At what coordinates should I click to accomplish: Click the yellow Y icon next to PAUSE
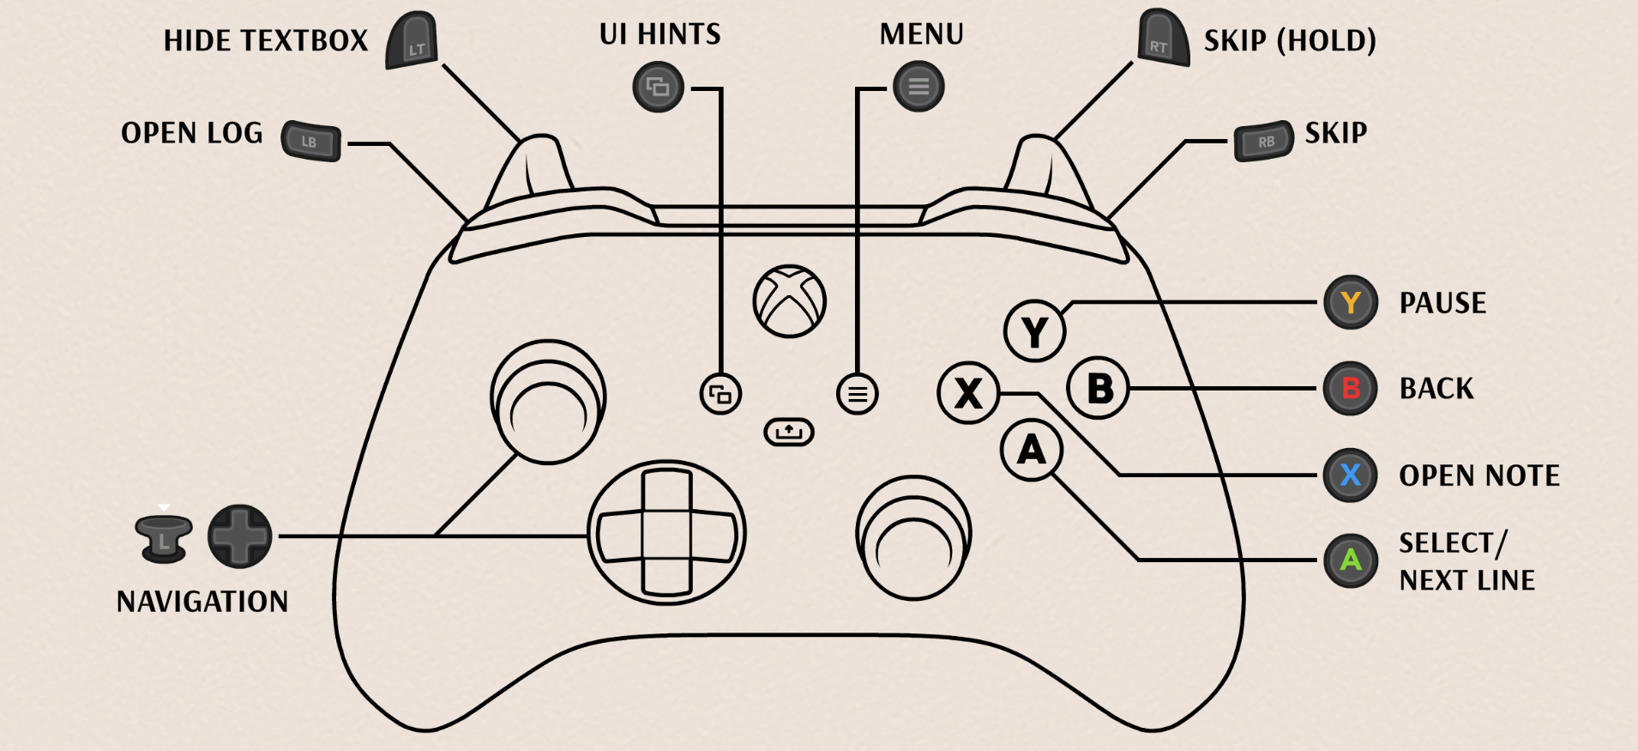pyautogui.click(x=1351, y=302)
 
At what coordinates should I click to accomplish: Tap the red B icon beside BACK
pyautogui.click(x=1351, y=388)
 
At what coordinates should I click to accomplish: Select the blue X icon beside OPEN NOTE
pyautogui.click(x=1351, y=475)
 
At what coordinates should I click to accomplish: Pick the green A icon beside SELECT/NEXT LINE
pyautogui.click(x=1351, y=560)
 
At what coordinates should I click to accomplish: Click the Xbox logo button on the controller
pyautogui.click(x=789, y=301)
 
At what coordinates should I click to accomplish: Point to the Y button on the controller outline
pyautogui.click(x=1034, y=331)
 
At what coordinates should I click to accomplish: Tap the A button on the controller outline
pyautogui.click(x=1031, y=450)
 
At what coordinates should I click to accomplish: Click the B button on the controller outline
pyautogui.click(x=1099, y=388)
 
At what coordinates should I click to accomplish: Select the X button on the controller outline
pyautogui.click(x=968, y=393)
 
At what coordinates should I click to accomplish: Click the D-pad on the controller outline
pyautogui.click(x=666, y=532)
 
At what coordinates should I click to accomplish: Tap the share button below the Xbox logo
pyautogui.click(x=788, y=432)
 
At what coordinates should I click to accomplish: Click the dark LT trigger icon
pyautogui.click(x=413, y=41)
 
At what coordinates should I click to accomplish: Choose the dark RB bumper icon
pyautogui.click(x=1263, y=142)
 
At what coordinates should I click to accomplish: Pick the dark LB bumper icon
pyautogui.click(x=311, y=142)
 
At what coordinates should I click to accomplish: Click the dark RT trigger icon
pyautogui.click(x=1163, y=39)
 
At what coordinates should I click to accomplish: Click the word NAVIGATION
pyautogui.click(x=202, y=602)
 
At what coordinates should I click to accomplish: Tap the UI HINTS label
pyautogui.click(x=659, y=34)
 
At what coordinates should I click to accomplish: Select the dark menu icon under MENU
pyautogui.click(x=918, y=87)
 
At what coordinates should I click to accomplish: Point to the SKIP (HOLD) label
pyautogui.click(x=1289, y=40)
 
